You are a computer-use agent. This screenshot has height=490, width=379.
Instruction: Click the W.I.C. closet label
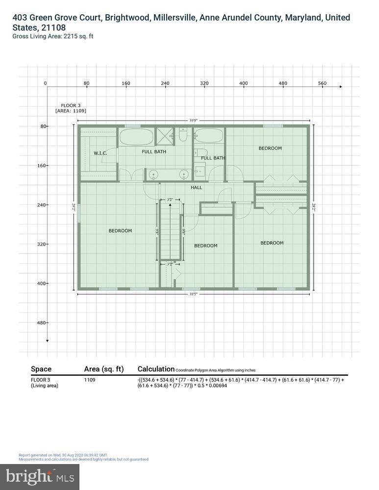100,153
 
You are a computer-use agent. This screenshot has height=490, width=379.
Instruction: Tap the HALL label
196,187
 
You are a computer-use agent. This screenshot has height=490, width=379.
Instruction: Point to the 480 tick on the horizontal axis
283,83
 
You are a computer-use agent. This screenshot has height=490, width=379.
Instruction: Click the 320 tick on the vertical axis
41,244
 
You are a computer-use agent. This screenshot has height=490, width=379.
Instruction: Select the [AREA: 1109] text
71,111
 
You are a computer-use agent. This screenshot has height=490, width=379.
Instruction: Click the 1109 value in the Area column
90,380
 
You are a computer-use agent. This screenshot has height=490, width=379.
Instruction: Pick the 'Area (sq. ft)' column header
104,369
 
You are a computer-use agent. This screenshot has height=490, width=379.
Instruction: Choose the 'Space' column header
41,369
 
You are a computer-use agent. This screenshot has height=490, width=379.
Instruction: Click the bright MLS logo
40,476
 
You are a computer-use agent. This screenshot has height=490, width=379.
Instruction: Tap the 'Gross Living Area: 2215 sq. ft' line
52,36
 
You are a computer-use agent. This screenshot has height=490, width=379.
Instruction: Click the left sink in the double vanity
153,174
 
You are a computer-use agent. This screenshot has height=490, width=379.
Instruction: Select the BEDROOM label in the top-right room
270,148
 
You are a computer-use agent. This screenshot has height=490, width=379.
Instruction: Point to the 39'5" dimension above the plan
194,120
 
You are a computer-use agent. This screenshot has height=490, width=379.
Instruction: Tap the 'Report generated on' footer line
63,455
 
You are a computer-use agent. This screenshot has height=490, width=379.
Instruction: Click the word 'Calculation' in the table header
156,369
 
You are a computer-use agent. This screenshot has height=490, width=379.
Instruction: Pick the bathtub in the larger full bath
137,137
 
